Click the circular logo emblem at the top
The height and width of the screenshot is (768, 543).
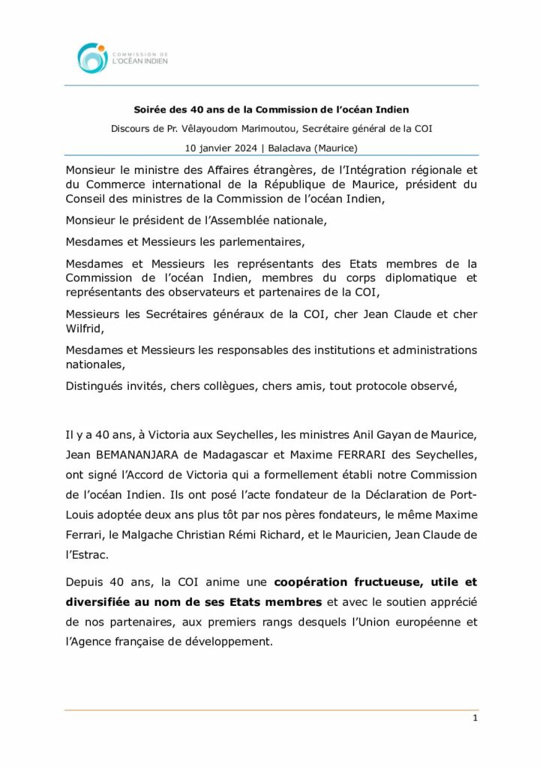tap(91, 58)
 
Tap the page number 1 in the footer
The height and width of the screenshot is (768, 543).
tap(475, 718)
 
